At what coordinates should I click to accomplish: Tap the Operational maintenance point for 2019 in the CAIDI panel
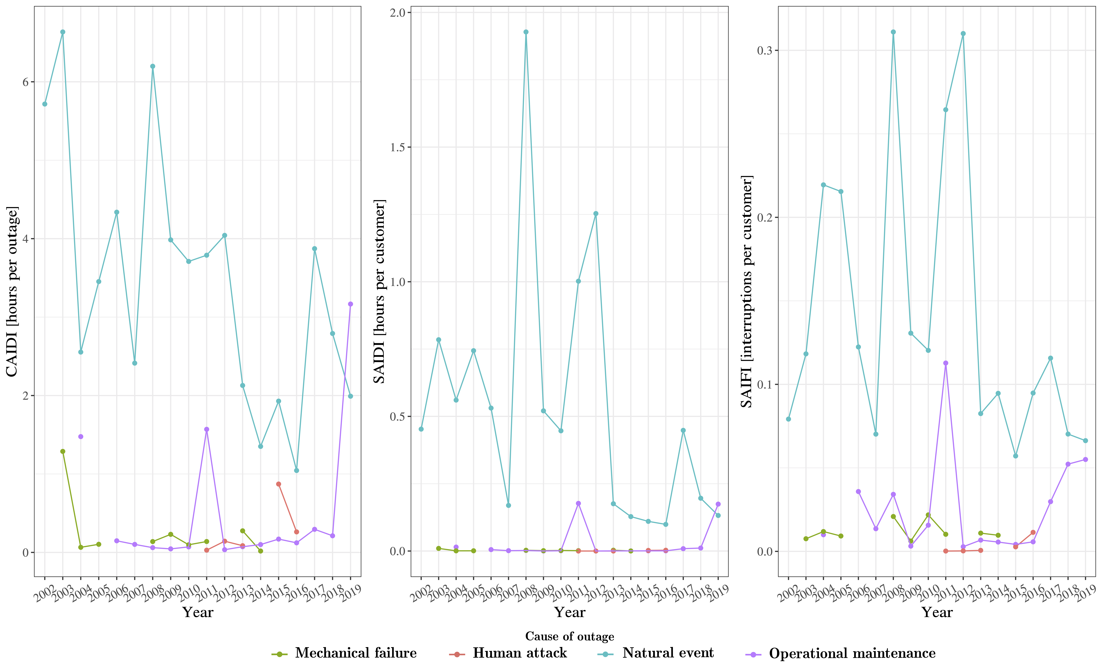351,304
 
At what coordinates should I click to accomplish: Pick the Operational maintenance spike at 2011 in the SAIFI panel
945,363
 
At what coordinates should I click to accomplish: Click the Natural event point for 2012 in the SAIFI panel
963,34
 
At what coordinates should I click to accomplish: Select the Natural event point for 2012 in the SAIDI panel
596,214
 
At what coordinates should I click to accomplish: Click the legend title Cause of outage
569,636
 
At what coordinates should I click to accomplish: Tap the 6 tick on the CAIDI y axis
25,82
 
